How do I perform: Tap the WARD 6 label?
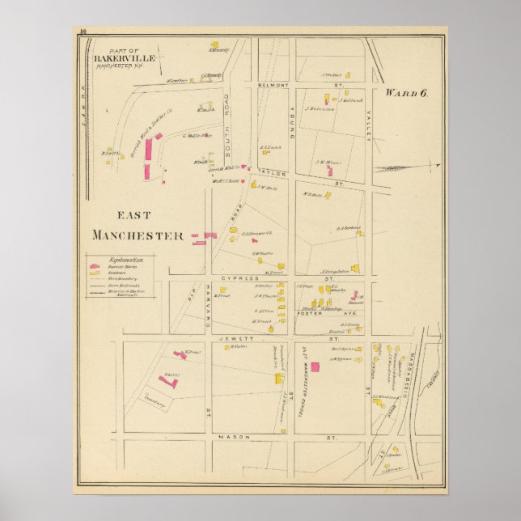point(407,92)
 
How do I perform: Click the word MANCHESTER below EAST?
point(138,235)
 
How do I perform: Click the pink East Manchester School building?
point(315,366)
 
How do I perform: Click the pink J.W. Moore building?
point(329,171)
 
